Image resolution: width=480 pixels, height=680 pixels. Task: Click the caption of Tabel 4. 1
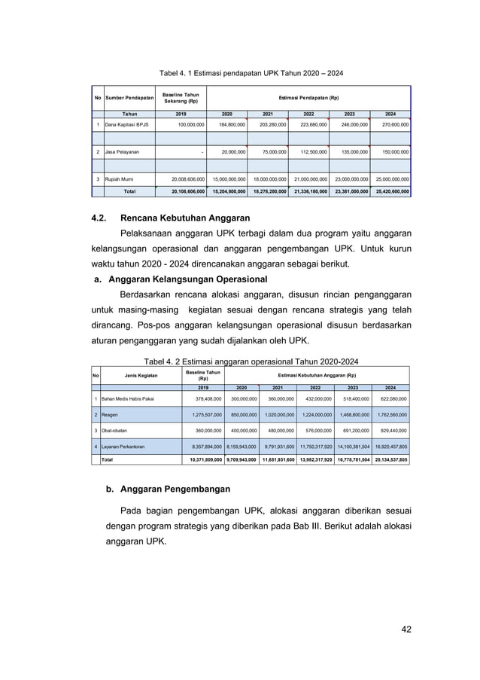(250, 73)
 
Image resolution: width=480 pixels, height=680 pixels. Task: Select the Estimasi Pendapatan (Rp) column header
(308, 98)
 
